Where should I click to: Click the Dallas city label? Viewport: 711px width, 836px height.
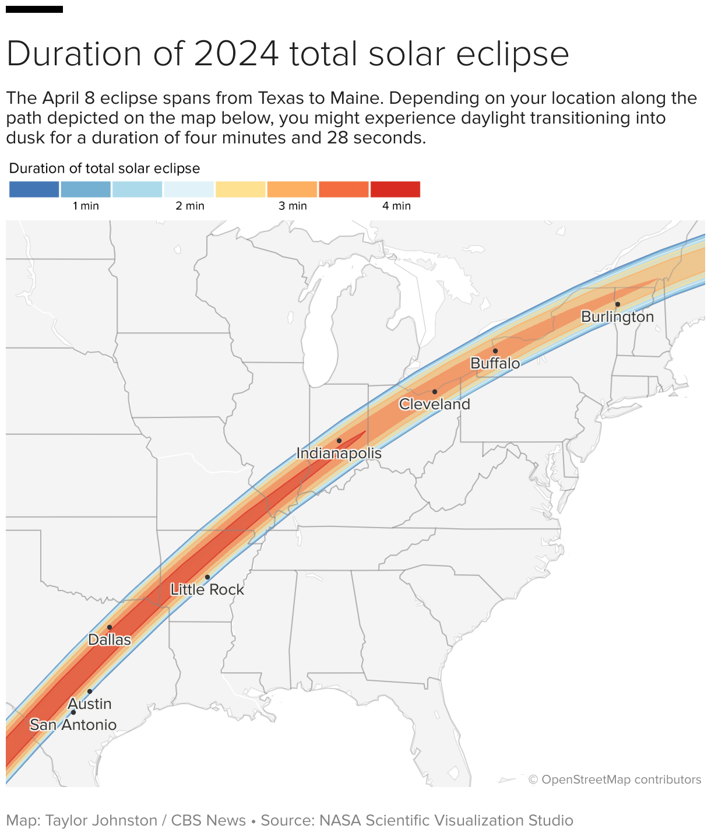point(110,640)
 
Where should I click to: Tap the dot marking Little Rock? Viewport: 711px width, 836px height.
point(207,577)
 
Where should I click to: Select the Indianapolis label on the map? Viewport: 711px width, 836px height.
point(339,453)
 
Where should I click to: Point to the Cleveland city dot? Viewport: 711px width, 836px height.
point(434,392)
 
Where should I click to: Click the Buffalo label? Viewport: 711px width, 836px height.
point(495,363)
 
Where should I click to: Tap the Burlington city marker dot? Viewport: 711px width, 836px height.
point(617,304)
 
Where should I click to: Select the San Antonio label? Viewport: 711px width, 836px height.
point(73,725)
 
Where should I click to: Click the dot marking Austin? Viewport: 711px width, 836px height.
point(90,691)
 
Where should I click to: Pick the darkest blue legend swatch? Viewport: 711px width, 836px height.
point(34,189)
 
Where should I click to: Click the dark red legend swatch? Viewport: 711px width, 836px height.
point(395,189)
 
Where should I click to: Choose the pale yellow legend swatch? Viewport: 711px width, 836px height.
point(240,189)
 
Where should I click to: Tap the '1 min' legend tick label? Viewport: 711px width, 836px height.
point(86,206)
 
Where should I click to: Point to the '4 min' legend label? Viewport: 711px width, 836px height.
point(396,206)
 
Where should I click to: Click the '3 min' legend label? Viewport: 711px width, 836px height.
point(293,206)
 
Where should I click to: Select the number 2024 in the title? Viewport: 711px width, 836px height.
point(236,54)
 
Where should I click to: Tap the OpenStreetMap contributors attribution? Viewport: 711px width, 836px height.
point(614,779)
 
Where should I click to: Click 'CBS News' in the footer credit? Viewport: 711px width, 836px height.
point(208,820)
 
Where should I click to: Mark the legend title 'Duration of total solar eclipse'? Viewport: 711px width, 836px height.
point(104,168)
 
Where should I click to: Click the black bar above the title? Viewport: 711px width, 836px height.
point(34,9)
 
